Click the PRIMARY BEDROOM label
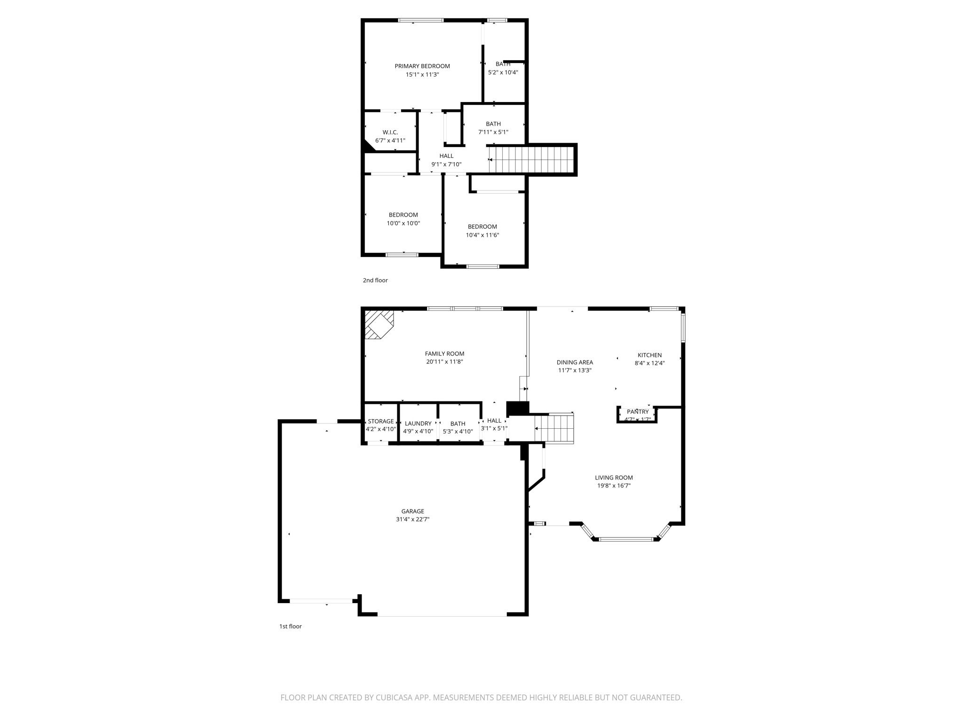tap(422, 66)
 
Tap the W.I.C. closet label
tap(390, 133)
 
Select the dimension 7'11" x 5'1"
tap(493, 133)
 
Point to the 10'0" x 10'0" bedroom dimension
tap(403, 224)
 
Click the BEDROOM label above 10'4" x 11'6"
tap(482, 227)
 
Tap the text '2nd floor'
tap(375, 281)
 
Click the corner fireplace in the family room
tap(378, 323)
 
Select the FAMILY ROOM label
tap(444, 354)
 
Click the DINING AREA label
tap(575, 362)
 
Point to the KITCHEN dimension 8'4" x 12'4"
tap(649, 363)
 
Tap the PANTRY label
tap(637, 412)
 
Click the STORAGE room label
tap(380, 422)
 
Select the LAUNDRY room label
tap(418, 424)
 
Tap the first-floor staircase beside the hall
tap(555, 428)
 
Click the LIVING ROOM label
tap(614, 478)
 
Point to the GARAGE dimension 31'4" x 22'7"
tap(412, 519)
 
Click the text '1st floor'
tap(290, 627)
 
